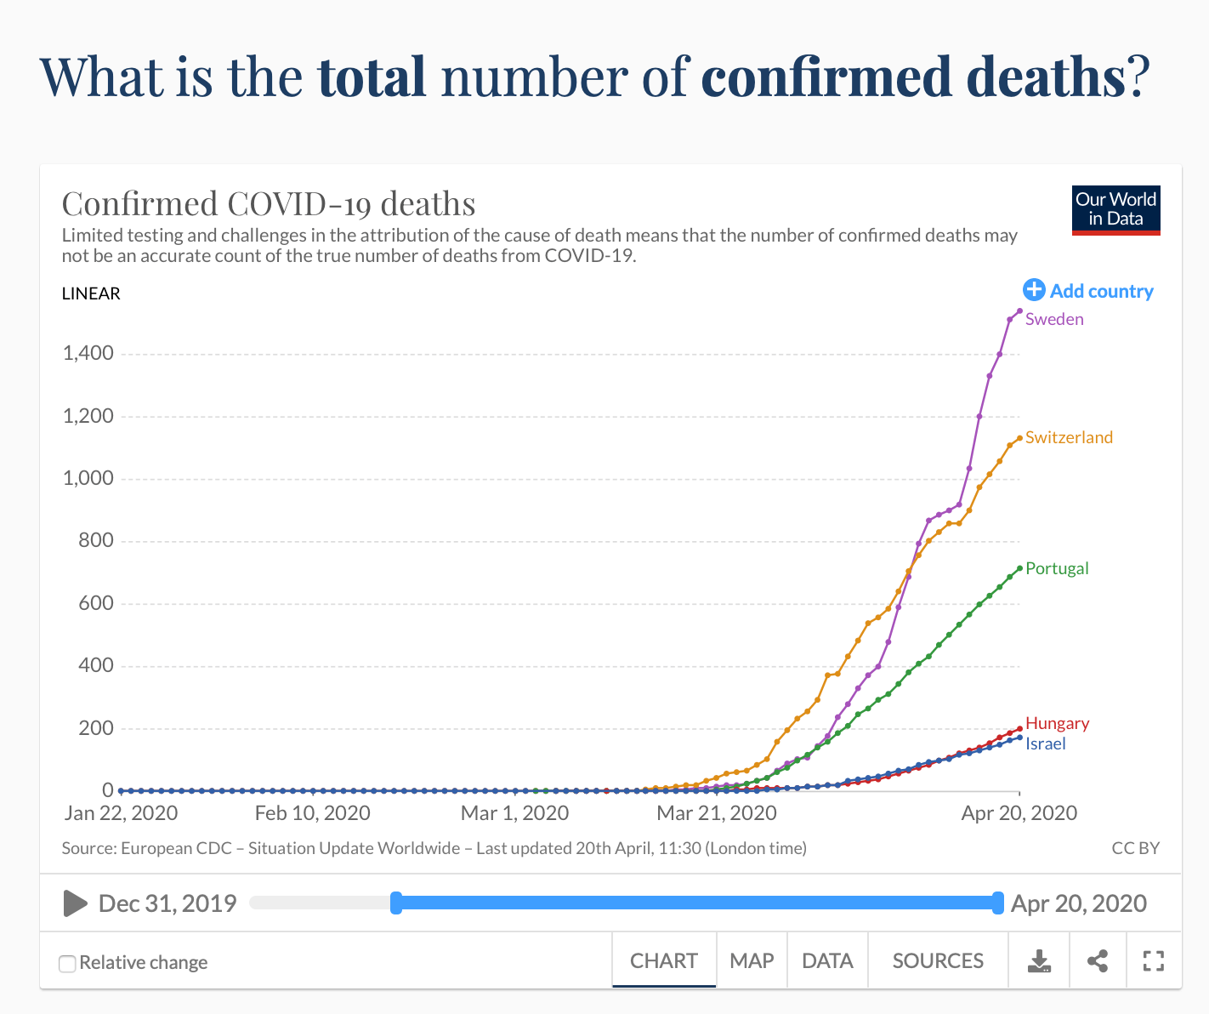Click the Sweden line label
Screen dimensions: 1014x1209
1054,319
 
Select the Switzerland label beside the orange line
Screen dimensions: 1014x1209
1069,437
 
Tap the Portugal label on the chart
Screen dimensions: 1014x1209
1057,568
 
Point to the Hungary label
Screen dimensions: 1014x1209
1057,723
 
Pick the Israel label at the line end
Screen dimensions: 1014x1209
1045,743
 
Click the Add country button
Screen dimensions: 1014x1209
1088,291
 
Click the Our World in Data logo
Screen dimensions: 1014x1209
1115,209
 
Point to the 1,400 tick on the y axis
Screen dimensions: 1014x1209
88,353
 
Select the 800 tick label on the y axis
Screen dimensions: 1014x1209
96,540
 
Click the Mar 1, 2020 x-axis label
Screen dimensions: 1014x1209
514,813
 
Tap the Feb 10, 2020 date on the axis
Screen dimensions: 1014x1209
312,813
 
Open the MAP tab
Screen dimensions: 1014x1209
752,960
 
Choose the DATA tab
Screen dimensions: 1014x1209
827,960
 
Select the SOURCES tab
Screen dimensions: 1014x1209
938,960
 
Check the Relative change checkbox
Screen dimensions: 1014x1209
67,963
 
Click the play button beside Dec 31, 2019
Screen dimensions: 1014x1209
75,903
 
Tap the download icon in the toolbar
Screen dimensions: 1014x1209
1039,961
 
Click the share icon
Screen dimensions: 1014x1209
1098,961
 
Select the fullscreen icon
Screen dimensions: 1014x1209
1153,961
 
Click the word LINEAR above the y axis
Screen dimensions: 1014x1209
91,293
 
